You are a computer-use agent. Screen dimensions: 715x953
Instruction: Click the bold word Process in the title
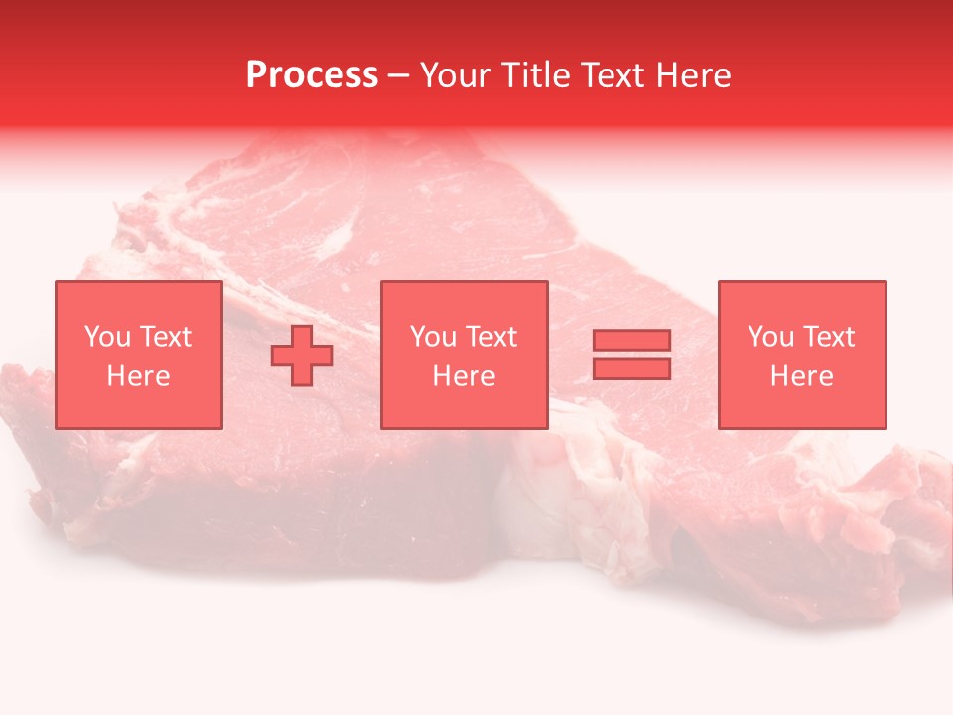point(312,75)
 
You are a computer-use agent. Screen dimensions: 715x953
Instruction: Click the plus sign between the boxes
point(302,355)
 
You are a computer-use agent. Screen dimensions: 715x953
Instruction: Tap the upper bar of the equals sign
point(631,341)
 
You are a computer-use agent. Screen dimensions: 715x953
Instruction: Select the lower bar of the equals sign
point(631,368)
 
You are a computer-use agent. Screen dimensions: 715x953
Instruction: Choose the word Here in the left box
point(138,376)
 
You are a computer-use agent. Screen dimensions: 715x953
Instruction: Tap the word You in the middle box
point(433,337)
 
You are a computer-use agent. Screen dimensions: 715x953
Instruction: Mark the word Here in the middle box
point(464,376)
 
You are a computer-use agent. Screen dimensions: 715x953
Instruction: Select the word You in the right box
point(770,337)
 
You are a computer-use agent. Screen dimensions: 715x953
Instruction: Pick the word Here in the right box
point(801,376)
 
